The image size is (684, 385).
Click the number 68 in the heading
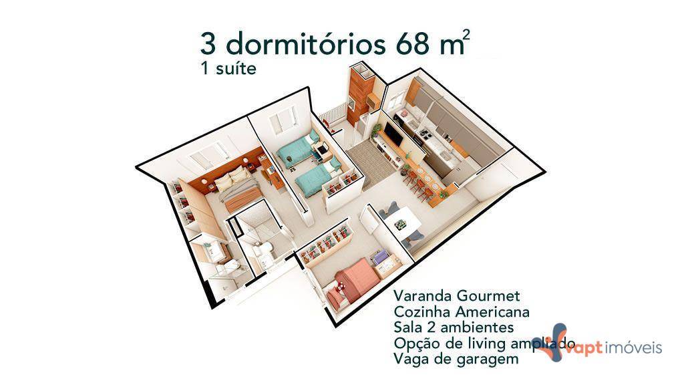click(x=409, y=45)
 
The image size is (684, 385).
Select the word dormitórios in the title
click(x=305, y=45)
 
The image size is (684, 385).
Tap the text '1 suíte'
click(x=228, y=69)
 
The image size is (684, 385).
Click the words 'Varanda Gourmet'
click(x=457, y=296)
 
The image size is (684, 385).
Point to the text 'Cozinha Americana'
click(x=462, y=312)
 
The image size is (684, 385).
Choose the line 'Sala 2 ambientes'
click(x=454, y=328)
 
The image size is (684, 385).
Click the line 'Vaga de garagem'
click(x=447, y=360)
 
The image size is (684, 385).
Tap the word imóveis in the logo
click(x=635, y=348)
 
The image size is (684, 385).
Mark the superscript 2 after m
click(x=466, y=36)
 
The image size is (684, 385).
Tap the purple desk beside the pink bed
click(x=379, y=258)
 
